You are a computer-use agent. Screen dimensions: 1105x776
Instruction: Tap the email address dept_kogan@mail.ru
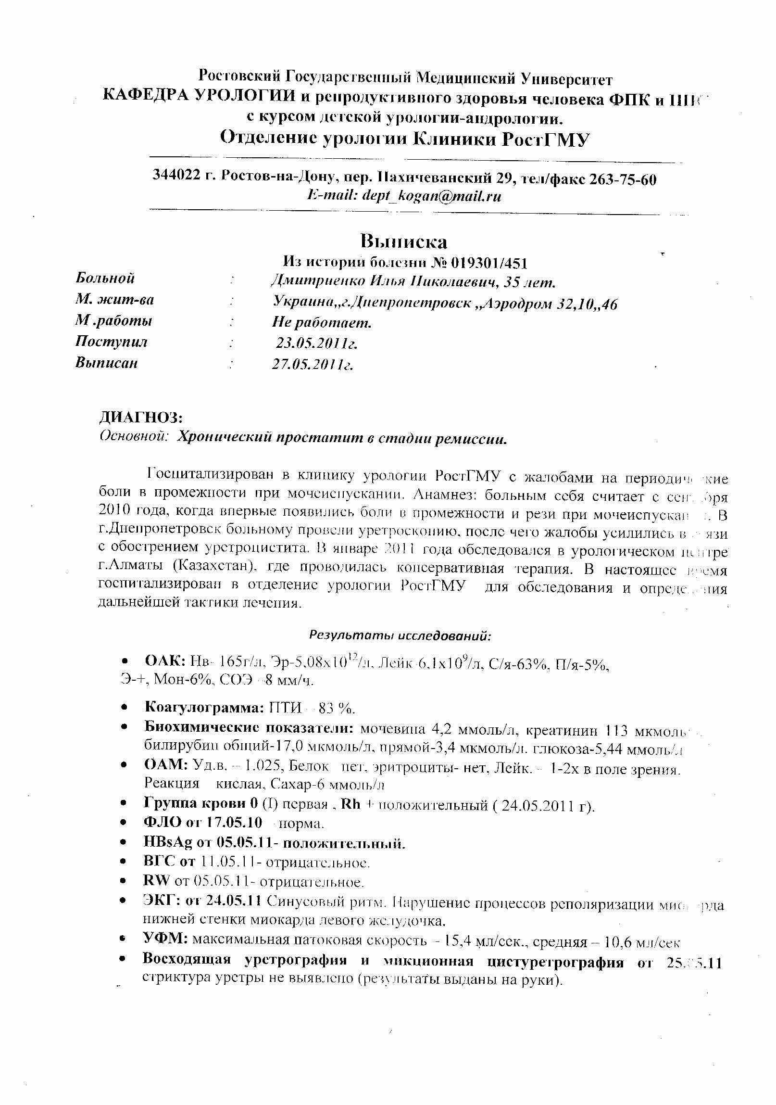[431, 196]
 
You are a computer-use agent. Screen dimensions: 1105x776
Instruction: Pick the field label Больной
[105, 278]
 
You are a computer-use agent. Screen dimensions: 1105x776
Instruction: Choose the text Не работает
[322, 322]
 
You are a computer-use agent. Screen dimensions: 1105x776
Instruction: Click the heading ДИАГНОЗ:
[140, 417]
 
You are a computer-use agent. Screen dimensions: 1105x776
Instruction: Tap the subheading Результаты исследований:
[400, 636]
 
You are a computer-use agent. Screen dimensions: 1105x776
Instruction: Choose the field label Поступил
[111, 342]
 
